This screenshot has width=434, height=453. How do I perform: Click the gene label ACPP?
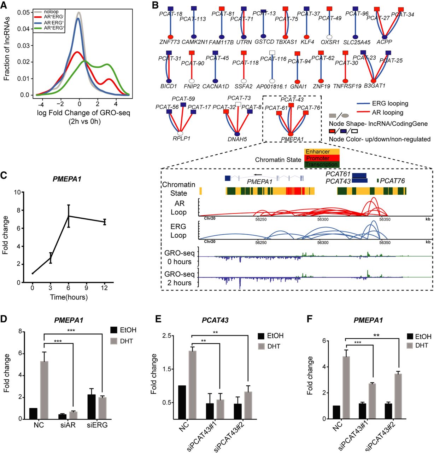384,42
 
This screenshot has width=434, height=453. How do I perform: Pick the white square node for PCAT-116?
272,53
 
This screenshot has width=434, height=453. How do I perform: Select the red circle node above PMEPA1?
291,134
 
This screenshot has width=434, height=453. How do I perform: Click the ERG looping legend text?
390,103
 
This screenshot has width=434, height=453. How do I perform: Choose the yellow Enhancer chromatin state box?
322,152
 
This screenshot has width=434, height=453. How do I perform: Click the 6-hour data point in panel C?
69,216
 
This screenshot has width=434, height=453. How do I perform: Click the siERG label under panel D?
97,425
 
